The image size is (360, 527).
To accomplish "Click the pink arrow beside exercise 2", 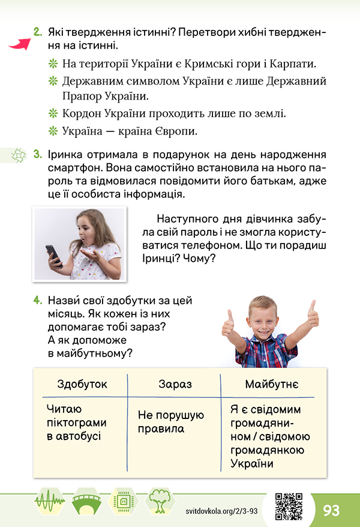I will (x=20, y=44).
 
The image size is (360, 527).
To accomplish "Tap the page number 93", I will (x=331, y=510).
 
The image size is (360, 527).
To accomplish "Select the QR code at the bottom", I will (x=288, y=505).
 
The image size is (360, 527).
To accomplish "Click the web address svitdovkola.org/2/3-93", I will (x=221, y=510).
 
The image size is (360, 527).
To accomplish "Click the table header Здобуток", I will (x=82, y=384).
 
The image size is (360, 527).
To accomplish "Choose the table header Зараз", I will (x=175, y=384).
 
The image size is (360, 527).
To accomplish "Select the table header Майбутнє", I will (x=272, y=384).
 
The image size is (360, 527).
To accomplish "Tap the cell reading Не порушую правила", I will (x=171, y=422).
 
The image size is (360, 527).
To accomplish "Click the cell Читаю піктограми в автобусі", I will (x=73, y=423).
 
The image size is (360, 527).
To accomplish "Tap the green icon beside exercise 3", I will (x=19, y=155).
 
